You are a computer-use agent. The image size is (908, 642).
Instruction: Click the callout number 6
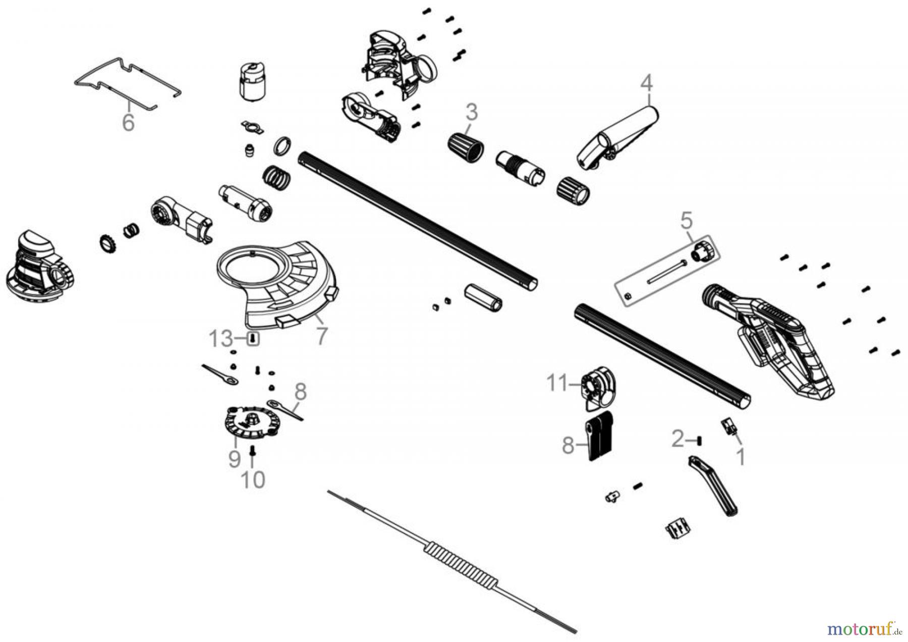(x=128, y=123)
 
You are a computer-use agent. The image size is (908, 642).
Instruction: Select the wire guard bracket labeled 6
(x=126, y=81)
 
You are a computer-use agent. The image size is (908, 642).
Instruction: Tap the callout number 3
(x=471, y=112)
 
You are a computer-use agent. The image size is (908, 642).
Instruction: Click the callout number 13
(x=221, y=339)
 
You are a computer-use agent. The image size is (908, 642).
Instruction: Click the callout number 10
(x=253, y=480)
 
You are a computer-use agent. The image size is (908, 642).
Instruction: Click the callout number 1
(x=740, y=457)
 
